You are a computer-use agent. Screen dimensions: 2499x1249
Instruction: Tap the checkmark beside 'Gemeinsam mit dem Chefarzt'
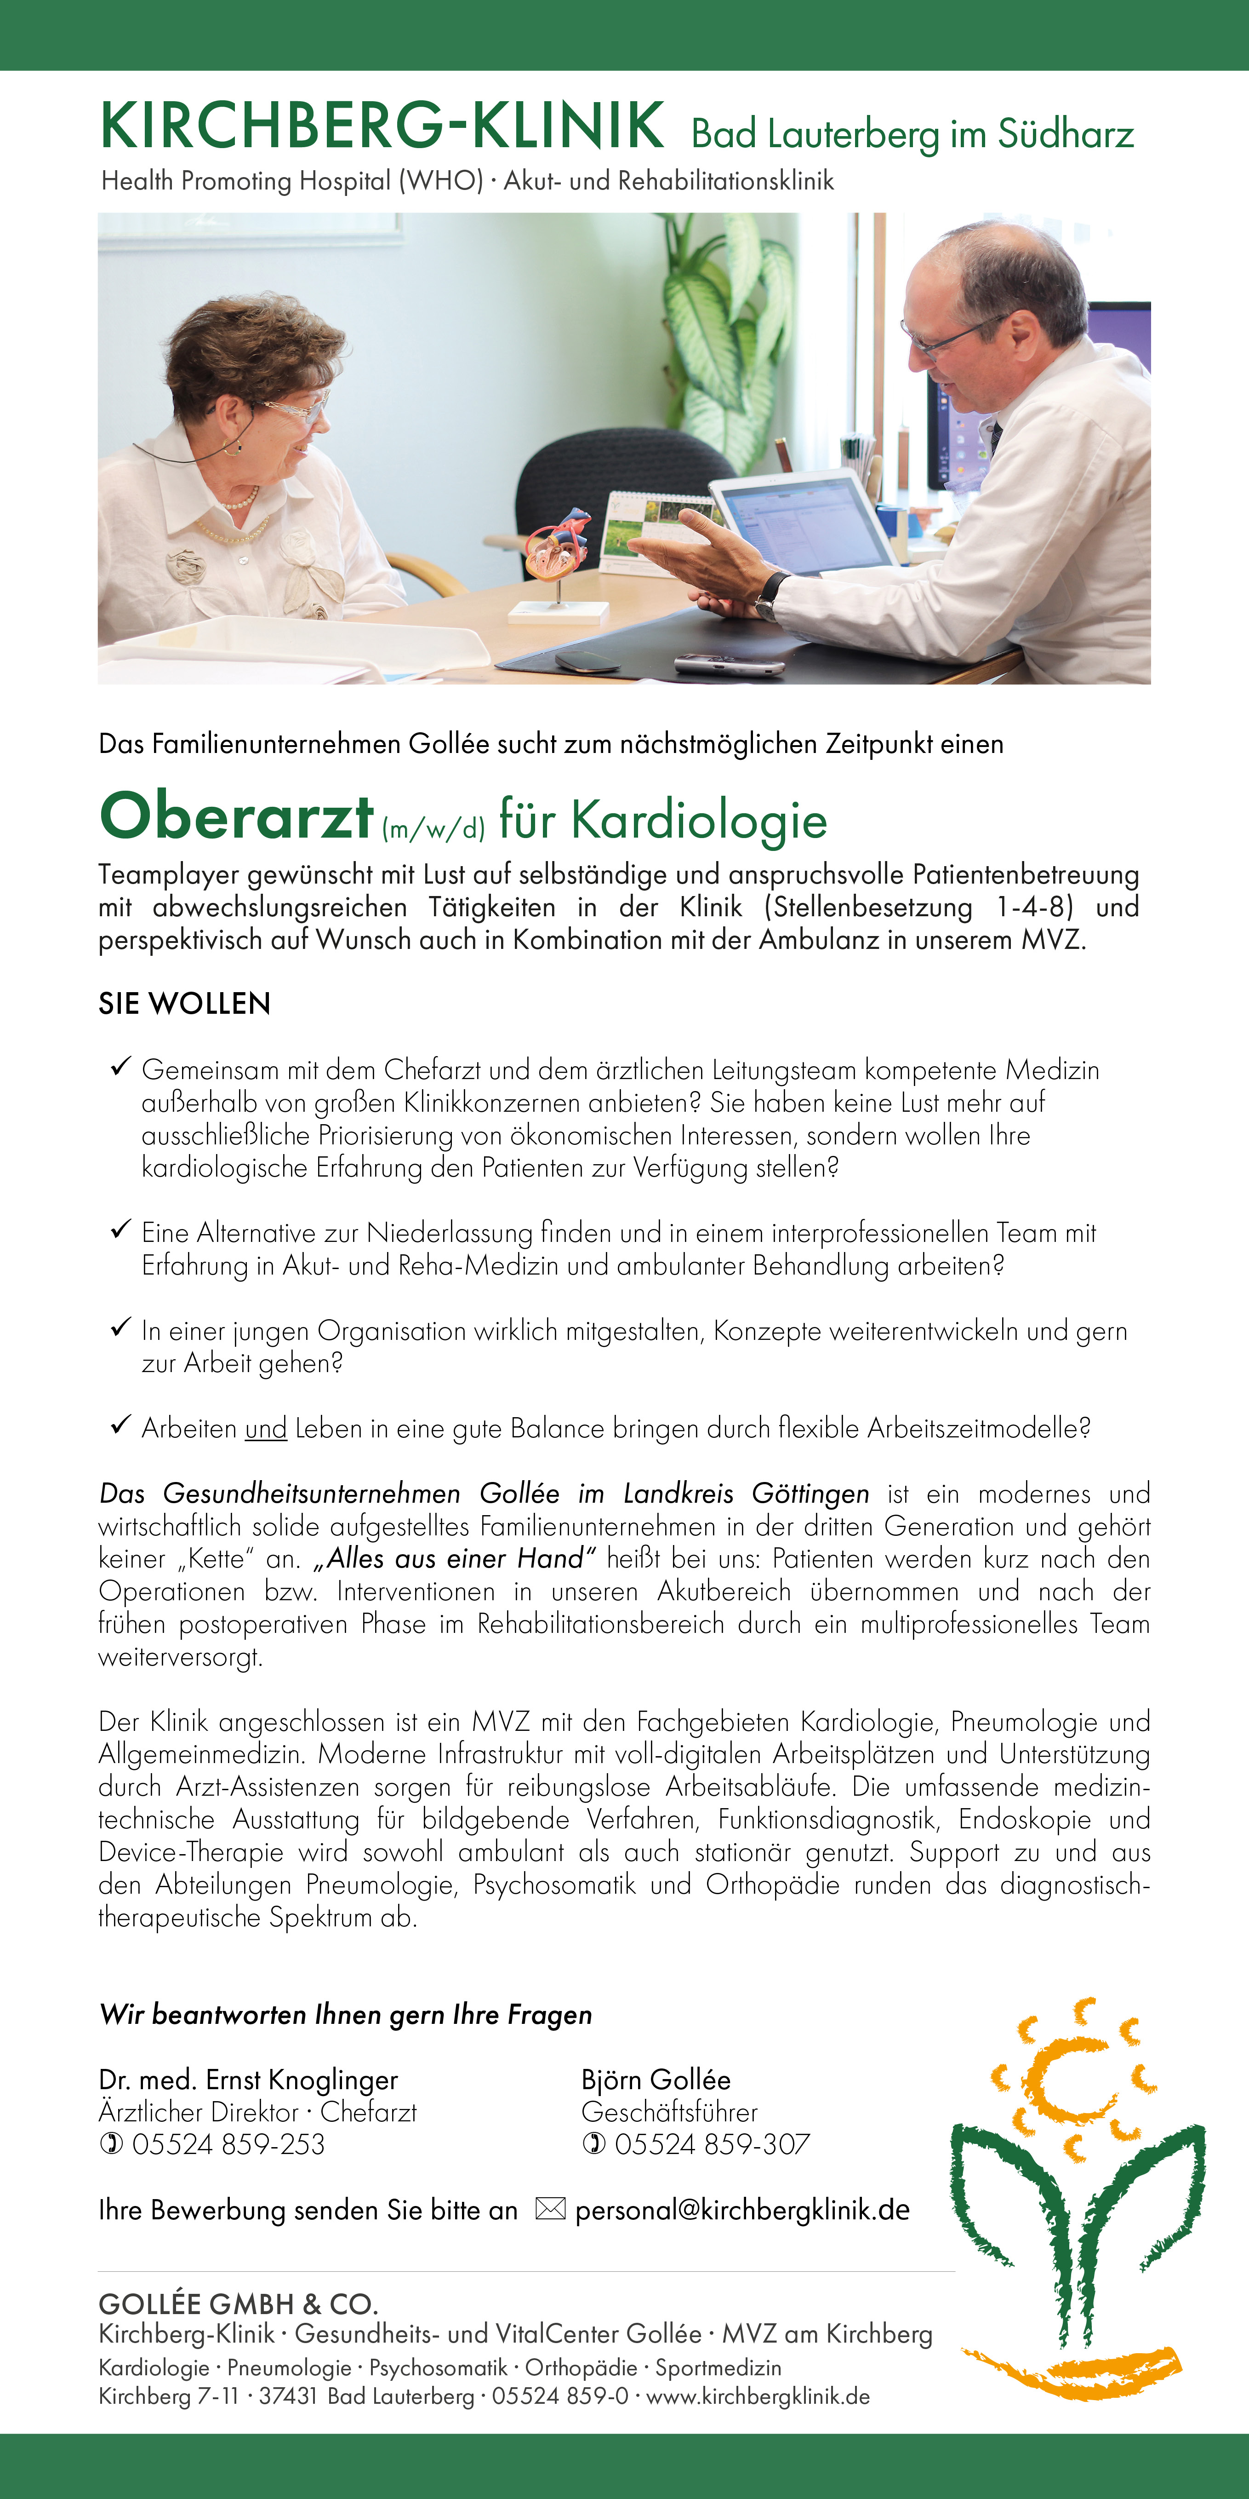(120, 1067)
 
